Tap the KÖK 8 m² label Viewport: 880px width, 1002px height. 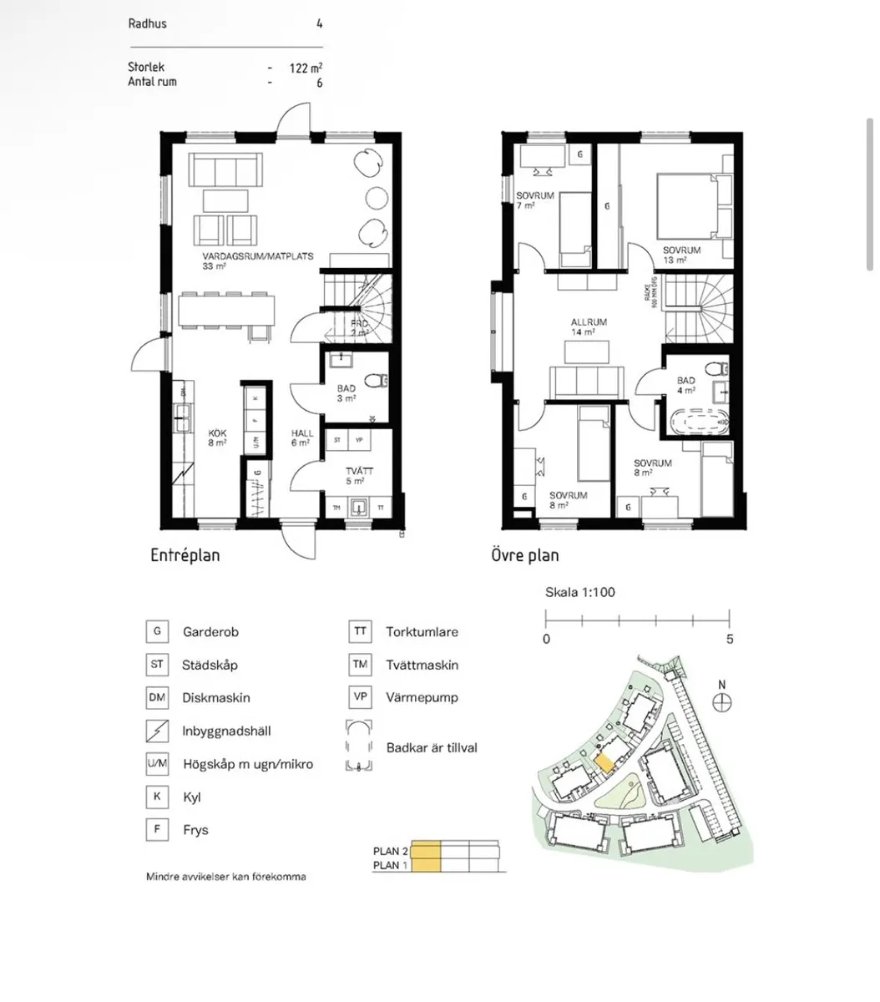click(217, 438)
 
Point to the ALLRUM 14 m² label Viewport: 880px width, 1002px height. click(588, 326)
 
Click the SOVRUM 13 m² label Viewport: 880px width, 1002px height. click(681, 255)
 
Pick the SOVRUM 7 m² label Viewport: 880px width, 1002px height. click(534, 200)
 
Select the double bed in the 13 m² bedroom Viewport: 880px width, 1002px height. click(694, 205)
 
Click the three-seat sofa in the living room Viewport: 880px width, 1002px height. click(224, 170)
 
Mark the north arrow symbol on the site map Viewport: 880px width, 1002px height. click(722, 701)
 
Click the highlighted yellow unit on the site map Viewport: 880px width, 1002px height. click(604, 763)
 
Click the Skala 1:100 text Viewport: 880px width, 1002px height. click(579, 593)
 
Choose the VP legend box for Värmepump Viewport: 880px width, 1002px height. click(359, 697)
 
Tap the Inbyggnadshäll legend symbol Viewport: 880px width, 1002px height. click(157, 731)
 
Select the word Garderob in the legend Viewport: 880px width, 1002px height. click(210, 632)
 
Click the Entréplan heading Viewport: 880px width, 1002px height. click(185, 555)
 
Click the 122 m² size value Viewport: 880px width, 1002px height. click(306, 68)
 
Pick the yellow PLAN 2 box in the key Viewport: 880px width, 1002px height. click(425, 851)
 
